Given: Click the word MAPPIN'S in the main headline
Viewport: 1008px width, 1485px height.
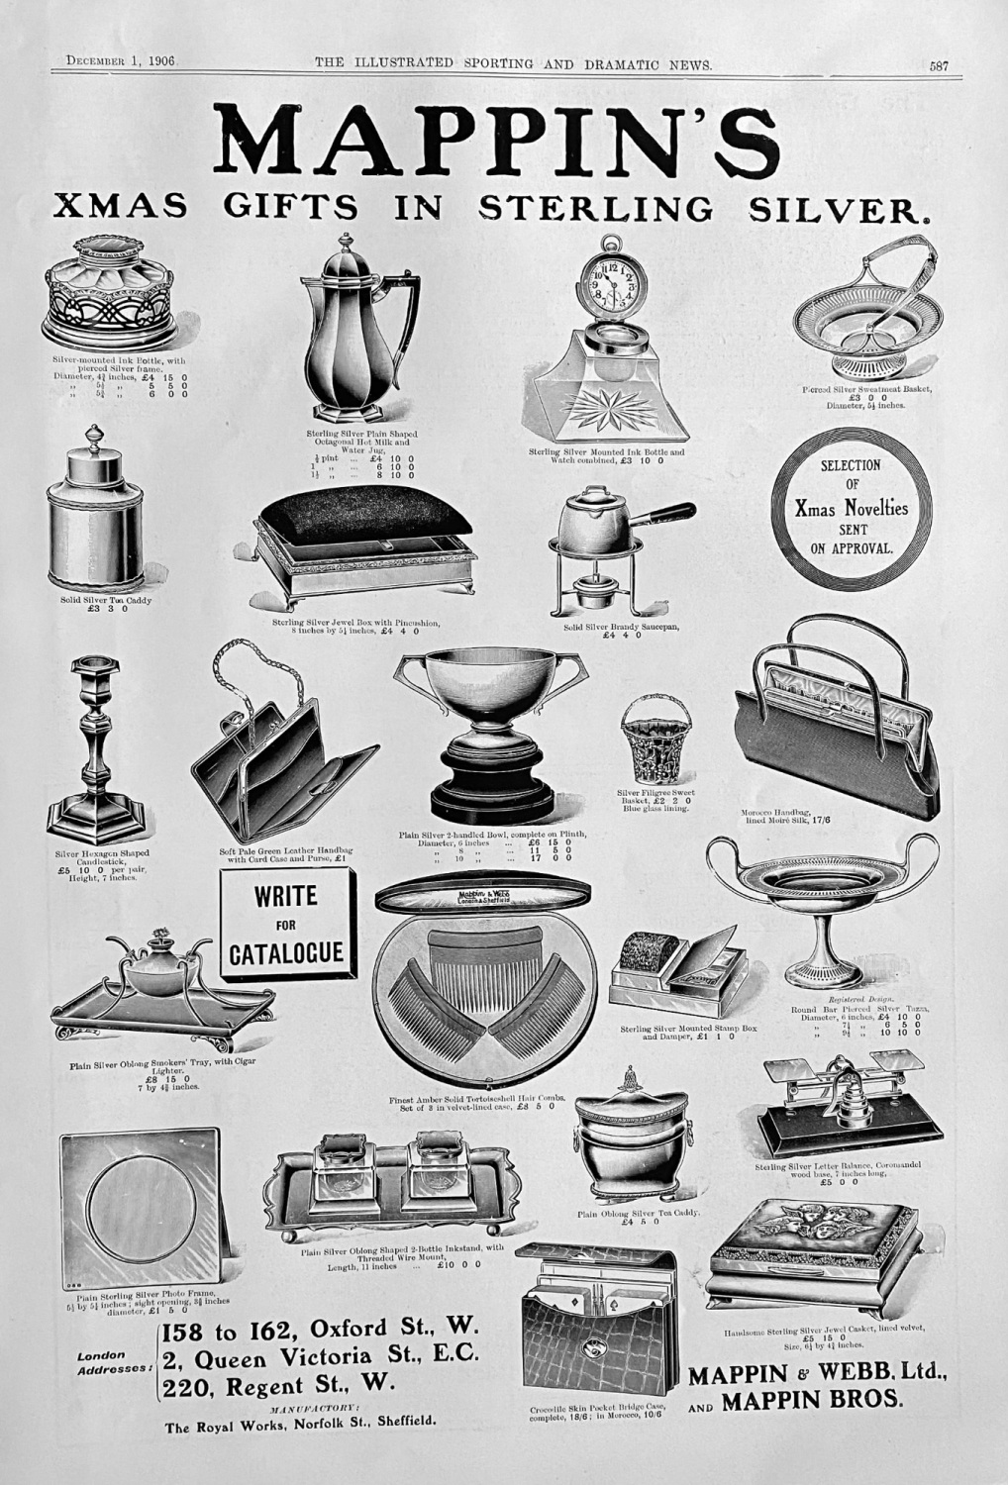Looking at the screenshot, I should coord(498,139).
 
